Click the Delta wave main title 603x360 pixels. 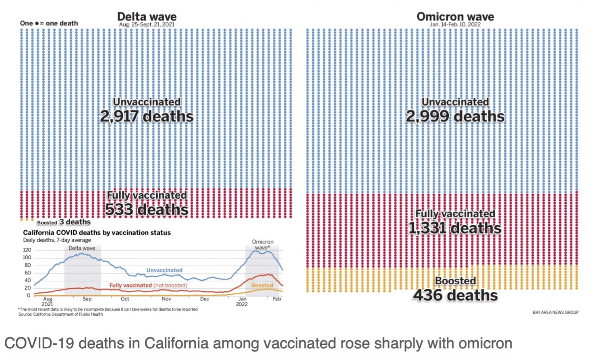coord(147,17)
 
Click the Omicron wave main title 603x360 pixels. coord(455,17)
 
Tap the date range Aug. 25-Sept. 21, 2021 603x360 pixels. coord(147,25)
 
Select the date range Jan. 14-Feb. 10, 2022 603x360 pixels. coord(455,25)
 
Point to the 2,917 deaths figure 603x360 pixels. coord(147,117)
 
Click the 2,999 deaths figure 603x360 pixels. coord(455,117)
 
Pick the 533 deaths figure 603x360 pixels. coord(147,210)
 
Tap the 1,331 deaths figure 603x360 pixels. coord(455,228)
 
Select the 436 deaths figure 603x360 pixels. coord(455,296)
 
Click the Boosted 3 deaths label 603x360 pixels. coord(64,222)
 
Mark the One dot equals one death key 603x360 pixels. coord(49,23)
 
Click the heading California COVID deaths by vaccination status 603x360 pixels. coord(97,233)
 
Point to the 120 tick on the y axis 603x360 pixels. coord(27,250)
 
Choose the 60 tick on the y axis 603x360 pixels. coord(28,273)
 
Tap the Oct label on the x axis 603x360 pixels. coord(125,299)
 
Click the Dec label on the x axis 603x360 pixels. coord(205,299)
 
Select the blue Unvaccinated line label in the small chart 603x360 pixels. coord(164,270)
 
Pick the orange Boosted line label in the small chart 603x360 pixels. coord(262,286)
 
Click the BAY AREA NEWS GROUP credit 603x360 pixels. coord(555,312)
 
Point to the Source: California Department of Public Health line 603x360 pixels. coord(60,314)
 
